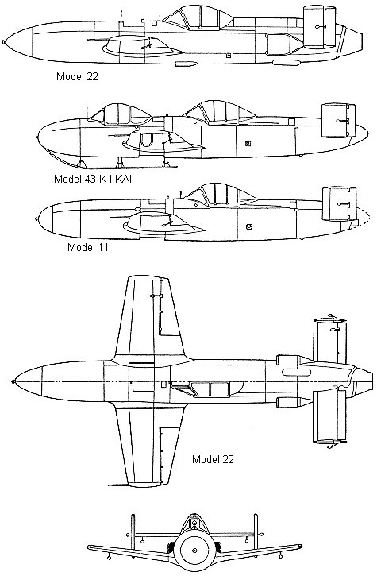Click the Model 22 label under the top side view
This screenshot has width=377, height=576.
pyautogui.click(x=77, y=76)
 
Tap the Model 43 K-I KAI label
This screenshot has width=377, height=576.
pyautogui.click(x=93, y=179)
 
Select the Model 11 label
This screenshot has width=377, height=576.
pyautogui.click(x=88, y=247)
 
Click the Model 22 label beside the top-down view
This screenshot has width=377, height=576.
pyautogui.click(x=213, y=459)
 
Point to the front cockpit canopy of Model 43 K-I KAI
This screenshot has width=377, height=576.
pyautogui.click(x=121, y=114)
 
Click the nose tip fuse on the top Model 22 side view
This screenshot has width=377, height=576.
pyautogui.click(x=4, y=42)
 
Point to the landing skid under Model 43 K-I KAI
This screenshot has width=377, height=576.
pyautogui.click(x=110, y=160)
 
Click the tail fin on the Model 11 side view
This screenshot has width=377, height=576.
pyautogui.click(x=339, y=204)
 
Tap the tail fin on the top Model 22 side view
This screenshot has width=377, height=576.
pyautogui.click(x=319, y=27)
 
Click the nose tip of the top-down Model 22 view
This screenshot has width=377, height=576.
pyautogui.click(x=13, y=381)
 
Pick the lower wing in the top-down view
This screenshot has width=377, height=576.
pyautogui.click(x=147, y=444)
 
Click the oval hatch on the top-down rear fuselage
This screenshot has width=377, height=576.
pyautogui.click(x=296, y=373)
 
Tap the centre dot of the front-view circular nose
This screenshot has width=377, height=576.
pyautogui.click(x=194, y=550)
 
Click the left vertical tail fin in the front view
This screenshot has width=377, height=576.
pyautogui.click(x=133, y=529)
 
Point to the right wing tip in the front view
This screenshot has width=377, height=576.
pyautogui.click(x=301, y=547)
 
